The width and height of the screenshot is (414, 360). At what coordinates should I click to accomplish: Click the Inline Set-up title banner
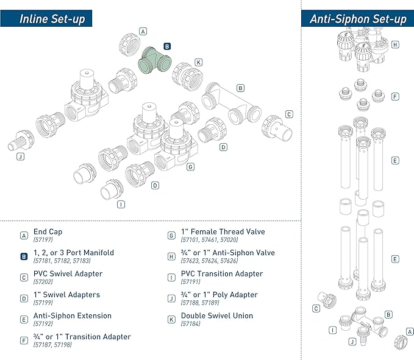pos(51,18)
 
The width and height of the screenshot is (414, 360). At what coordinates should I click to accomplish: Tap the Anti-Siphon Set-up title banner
pos(358,18)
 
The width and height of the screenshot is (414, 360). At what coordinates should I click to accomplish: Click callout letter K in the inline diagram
pos(198,62)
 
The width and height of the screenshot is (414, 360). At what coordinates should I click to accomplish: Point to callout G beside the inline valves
pos(190,166)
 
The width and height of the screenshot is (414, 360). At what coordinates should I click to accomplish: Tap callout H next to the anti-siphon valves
pos(395,44)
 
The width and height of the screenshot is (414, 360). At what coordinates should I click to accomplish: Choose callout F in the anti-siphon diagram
pos(395,96)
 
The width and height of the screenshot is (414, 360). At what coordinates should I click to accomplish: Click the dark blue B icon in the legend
pos(24,256)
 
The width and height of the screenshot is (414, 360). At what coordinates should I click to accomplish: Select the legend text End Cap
pos(48,231)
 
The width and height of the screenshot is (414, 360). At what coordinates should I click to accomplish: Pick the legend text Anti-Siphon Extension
pos(73,316)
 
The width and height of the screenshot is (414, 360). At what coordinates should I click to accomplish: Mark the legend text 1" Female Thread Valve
pos(223,231)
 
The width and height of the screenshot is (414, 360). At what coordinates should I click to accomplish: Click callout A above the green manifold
pos(143,31)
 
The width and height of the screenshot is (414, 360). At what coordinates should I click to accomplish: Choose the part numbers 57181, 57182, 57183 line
pos(65,261)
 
